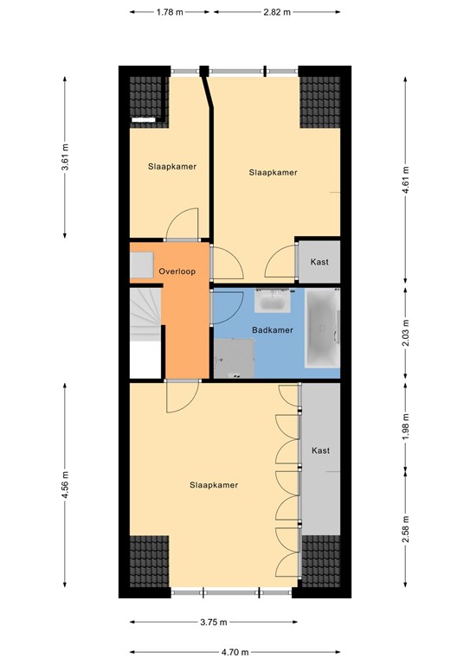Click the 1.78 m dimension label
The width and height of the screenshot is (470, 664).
pyautogui.click(x=169, y=12)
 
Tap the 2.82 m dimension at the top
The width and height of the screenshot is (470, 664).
pyautogui.click(x=276, y=12)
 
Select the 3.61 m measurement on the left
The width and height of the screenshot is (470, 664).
pyautogui.click(x=66, y=157)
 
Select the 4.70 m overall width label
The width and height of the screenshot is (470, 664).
pyautogui.click(x=235, y=653)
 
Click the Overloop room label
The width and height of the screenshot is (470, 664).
pyautogui.click(x=177, y=272)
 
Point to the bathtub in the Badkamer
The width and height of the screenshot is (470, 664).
pyautogui.click(x=323, y=329)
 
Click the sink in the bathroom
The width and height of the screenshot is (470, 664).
pyautogui.click(x=274, y=303)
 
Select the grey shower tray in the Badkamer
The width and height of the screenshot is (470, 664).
pyautogui.click(x=235, y=358)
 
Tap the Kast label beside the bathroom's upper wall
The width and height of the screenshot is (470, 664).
pyautogui.click(x=319, y=262)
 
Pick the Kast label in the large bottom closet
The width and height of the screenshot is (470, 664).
pyautogui.click(x=320, y=450)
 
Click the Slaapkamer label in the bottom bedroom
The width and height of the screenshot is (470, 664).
pyautogui.click(x=214, y=485)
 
